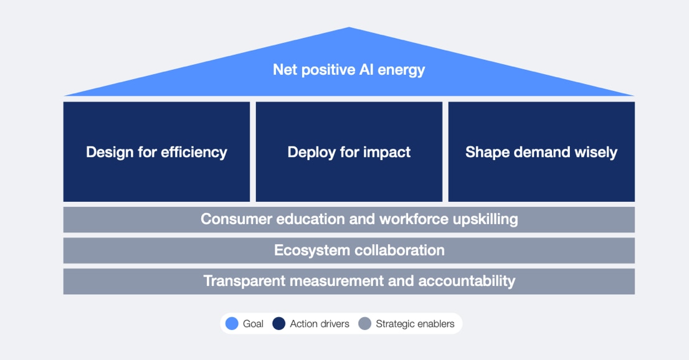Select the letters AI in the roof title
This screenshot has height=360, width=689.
pos(366,69)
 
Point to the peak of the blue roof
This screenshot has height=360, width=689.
pos(349,29)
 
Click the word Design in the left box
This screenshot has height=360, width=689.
pos(108,152)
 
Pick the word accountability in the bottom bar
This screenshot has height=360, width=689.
pos(467,281)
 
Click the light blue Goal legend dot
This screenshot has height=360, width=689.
pos(232,324)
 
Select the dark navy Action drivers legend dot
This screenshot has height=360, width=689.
pos(278,324)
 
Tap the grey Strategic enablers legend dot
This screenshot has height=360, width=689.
pos(365,324)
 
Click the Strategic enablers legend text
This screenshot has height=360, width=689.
pos(415,324)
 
